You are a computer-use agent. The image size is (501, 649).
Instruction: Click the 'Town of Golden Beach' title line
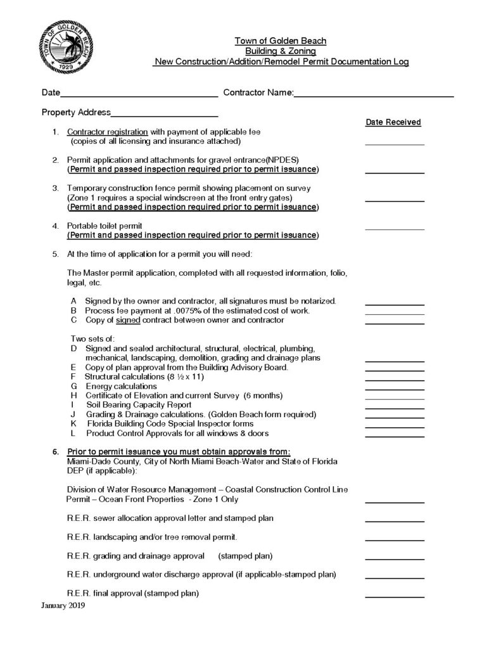click(x=281, y=41)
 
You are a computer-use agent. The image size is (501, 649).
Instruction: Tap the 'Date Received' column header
click(x=393, y=122)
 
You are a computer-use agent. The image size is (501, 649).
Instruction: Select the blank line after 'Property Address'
click(x=164, y=115)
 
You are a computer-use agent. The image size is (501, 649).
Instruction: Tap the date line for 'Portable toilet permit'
click(x=395, y=228)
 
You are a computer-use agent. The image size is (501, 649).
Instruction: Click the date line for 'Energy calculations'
click(x=395, y=388)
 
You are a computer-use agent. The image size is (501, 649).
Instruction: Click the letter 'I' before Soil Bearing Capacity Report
click(x=73, y=405)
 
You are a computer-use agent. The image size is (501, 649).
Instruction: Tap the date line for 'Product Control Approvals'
click(x=395, y=435)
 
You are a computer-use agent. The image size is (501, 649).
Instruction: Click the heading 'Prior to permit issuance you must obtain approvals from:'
click(x=179, y=451)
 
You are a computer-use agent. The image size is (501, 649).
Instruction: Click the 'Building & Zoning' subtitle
click(x=281, y=51)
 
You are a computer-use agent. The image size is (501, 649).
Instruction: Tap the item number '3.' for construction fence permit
click(x=55, y=188)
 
